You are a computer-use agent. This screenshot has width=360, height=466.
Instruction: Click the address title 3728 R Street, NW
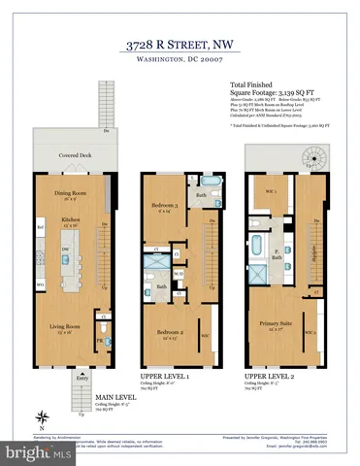(180, 44)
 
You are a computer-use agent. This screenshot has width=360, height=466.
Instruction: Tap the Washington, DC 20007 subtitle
(180, 60)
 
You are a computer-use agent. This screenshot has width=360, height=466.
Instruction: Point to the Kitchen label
(70, 221)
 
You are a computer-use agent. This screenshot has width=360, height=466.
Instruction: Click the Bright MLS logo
(39, 452)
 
